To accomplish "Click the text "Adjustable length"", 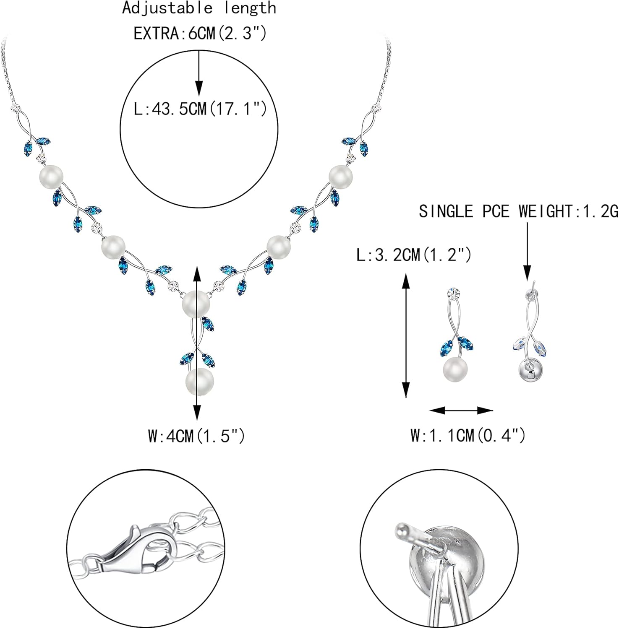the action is (199, 8).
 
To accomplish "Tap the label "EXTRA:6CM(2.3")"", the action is (200, 34).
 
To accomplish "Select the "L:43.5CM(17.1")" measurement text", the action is (200, 109).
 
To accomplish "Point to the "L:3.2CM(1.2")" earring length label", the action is (414, 255).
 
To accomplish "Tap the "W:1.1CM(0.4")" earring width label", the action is (468, 436).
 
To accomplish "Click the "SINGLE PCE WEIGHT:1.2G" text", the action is (519, 211).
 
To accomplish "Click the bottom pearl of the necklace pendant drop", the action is (200, 382).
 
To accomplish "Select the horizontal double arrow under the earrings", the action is (461, 411).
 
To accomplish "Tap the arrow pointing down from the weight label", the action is (527, 251).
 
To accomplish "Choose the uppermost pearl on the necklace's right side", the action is (341, 177).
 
